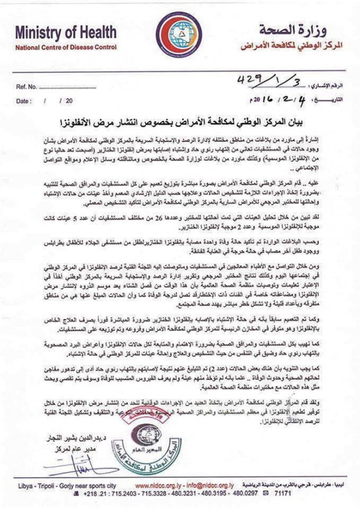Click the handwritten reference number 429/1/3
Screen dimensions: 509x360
(x=258, y=79)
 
